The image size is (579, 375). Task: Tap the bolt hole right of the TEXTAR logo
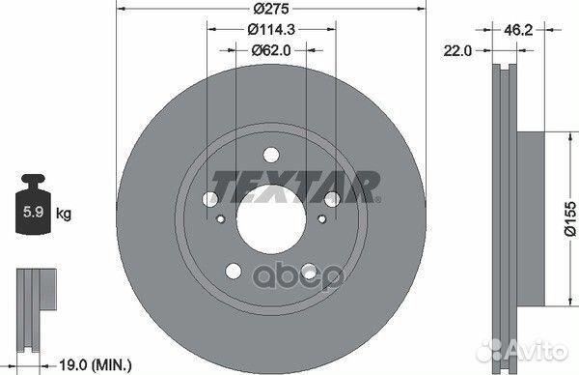(x=332, y=199)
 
